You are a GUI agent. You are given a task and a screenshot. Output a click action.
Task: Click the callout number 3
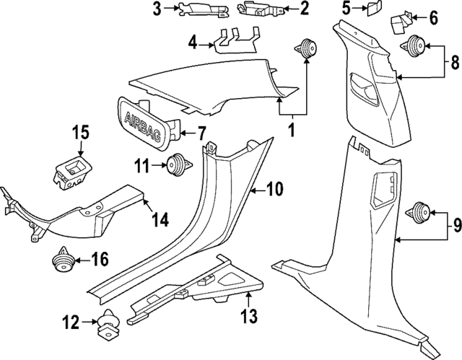tap(157, 9)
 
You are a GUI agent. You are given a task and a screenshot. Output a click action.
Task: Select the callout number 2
tap(304, 9)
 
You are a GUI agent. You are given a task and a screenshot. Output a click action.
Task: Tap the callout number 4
tap(192, 43)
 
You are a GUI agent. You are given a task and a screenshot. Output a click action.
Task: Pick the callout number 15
tap(82, 132)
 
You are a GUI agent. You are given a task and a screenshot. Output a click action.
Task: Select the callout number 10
tap(274, 190)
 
